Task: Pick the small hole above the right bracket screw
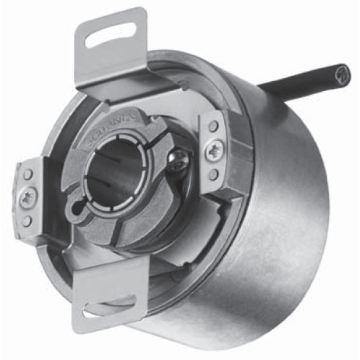tap(213, 126)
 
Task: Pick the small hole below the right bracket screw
tap(213, 175)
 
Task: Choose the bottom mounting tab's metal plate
tap(110, 284)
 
